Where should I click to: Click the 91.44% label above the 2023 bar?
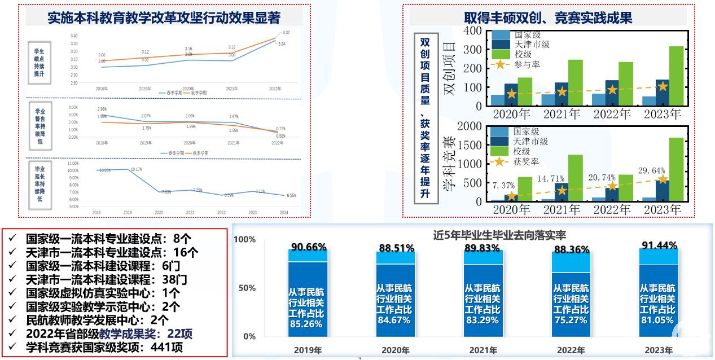click(x=659, y=245)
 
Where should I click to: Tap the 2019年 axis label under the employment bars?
click(x=308, y=350)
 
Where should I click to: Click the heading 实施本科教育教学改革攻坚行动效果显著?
click(x=164, y=18)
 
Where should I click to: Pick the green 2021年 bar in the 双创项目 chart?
click(x=575, y=83)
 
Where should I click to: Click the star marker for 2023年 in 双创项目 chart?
click(x=663, y=86)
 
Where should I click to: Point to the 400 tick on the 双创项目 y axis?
click(x=473, y=31)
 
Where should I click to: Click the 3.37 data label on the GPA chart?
click(x=286, y=33)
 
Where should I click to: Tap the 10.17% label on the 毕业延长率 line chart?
click(x=135, y=169)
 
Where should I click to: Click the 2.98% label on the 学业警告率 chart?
click(x=102, y=109)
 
